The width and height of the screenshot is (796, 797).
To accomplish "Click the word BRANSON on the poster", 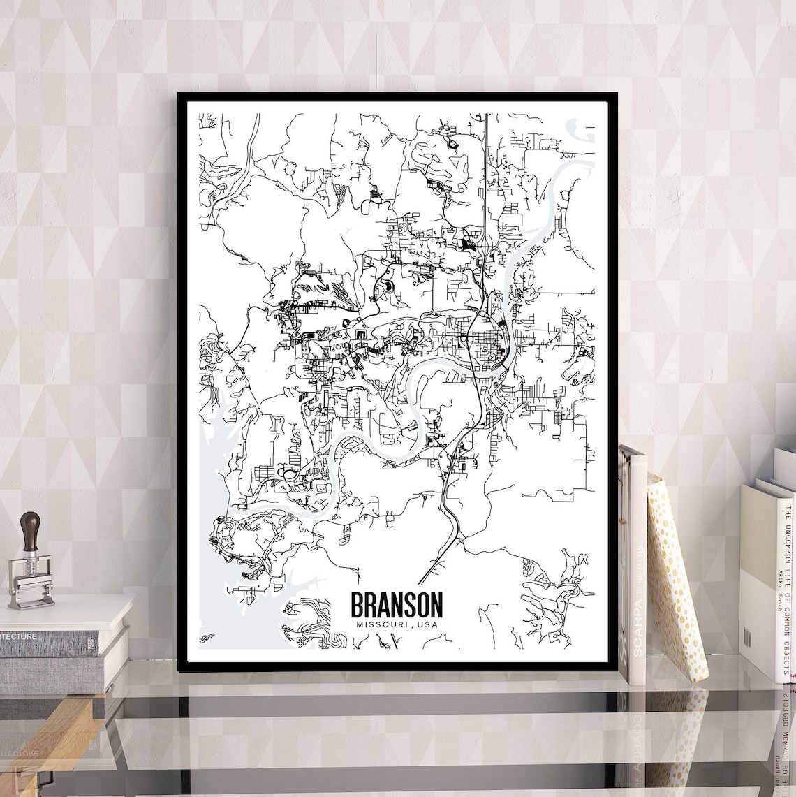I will [396, 605].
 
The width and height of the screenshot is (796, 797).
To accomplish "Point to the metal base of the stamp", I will [31, 594].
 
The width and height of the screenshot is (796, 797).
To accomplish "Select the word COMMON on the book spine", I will [787, 615].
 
